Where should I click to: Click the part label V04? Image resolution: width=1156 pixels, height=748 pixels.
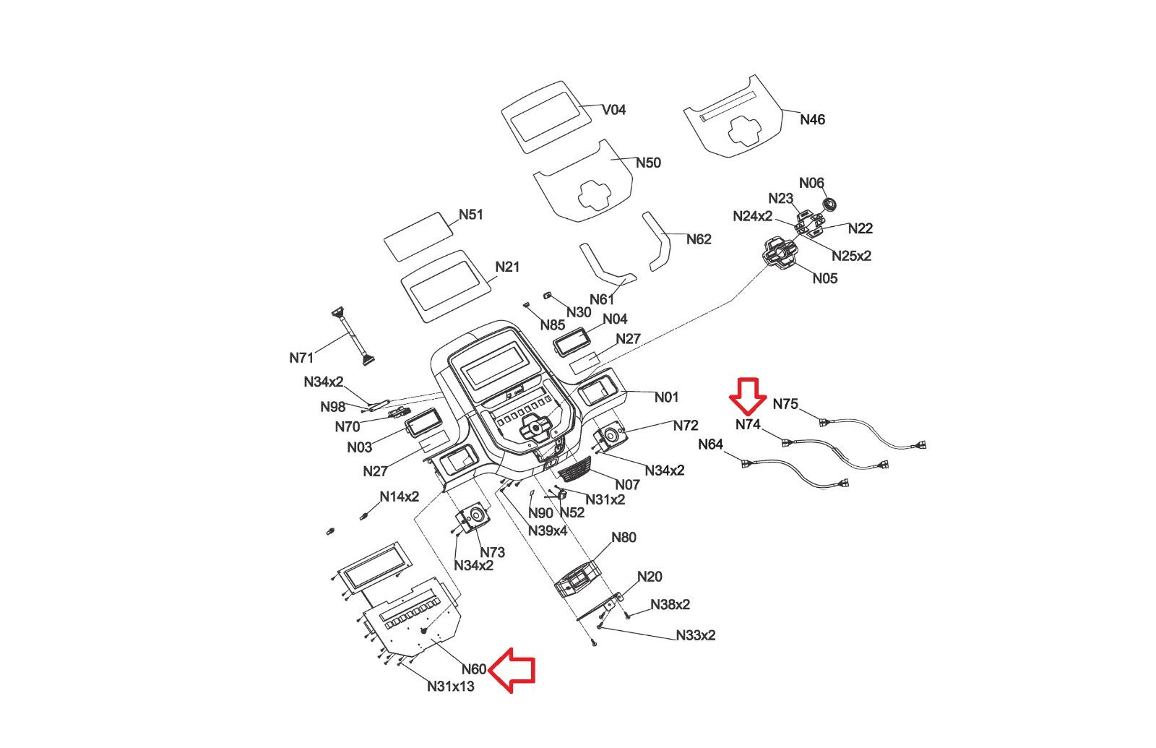coord(614,110)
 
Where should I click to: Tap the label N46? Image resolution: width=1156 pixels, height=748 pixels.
coord(812,119)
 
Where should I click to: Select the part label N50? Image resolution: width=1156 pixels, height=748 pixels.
coord(648,163)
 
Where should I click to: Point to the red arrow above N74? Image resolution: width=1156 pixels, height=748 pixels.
coord(748,395)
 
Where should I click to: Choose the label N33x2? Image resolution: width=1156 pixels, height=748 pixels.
coord(696,635)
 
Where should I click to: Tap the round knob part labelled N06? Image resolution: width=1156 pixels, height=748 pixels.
coord(829,205)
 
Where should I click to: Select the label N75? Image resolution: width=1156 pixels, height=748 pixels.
coord(785,404)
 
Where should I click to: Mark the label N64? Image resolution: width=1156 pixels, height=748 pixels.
coord(710,444)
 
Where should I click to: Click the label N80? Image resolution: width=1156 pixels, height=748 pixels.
coord(624,537)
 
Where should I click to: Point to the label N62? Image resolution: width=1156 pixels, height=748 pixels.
coord(699,239)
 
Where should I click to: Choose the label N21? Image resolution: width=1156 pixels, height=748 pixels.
coord(507,267)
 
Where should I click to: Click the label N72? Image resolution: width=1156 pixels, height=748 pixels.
coord(686,425)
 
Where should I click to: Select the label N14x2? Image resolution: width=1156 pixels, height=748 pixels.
coord(400,496)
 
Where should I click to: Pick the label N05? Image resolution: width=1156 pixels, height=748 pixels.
coord(825,278)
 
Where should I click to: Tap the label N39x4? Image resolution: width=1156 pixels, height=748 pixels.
coord(547,530)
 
